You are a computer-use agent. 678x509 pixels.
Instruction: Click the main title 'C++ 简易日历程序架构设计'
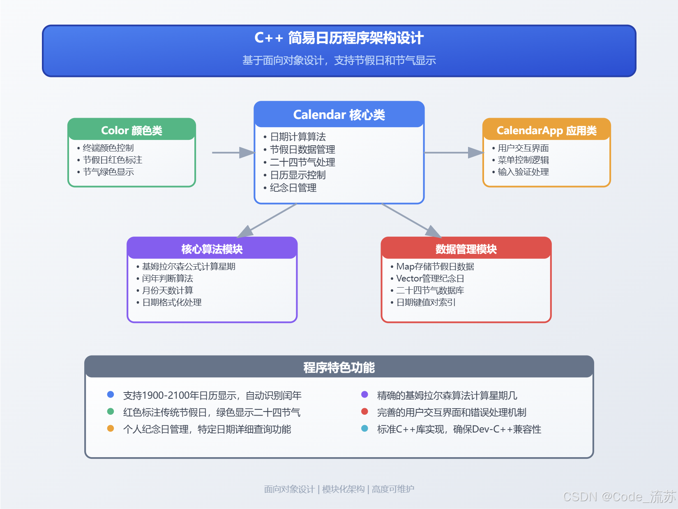(339, 38)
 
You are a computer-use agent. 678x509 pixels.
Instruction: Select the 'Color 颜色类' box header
(131, 130)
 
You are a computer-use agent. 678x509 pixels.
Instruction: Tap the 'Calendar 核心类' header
(339, 114)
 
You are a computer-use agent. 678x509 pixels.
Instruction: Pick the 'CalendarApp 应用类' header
(547, 130)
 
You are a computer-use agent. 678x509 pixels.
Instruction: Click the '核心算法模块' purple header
(212, 249)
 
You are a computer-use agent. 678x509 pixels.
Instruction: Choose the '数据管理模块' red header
(466, 249)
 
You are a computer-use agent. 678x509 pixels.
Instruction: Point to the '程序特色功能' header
(339, 367)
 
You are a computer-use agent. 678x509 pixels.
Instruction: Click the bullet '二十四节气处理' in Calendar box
(302, 162)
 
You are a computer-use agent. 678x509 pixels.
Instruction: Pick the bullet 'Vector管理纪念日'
(430, 278)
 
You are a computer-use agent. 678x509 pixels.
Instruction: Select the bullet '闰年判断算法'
(168, 278)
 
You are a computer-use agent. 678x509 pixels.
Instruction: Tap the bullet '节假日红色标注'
(113, 160)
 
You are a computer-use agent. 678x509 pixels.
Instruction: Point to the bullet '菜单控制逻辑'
(523, 160)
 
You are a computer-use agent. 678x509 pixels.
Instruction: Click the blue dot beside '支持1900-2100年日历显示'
(111, 394)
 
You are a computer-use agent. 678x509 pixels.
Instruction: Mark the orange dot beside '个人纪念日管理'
(111, 428)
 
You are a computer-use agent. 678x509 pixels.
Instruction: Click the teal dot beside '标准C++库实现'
(364, 428)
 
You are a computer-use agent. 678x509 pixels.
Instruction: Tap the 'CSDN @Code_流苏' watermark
(619, 497)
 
